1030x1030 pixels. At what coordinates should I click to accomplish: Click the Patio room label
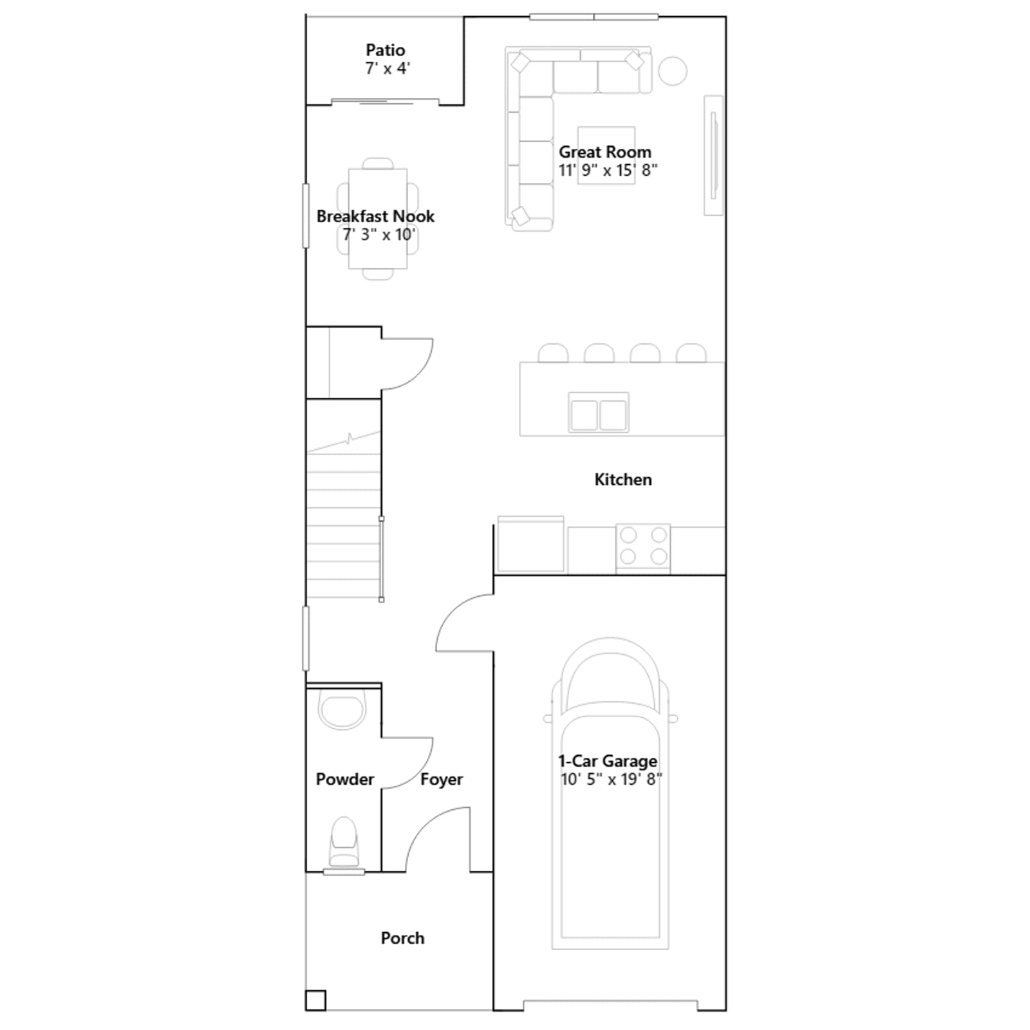pos(385,50)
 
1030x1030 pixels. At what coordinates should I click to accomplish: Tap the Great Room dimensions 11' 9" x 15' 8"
pos(608,171)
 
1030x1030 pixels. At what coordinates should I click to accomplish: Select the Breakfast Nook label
pos(375,216)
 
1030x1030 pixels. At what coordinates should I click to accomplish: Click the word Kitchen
pos(623,480)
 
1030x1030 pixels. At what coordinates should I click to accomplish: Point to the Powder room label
pos(344,780)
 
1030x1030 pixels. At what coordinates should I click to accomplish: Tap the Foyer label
pos(442,780)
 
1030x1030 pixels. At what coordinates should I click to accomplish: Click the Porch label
pos(402,938)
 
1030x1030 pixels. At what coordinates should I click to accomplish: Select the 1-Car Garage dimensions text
pos(611,780)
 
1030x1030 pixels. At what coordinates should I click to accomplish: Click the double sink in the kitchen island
pos(599,413)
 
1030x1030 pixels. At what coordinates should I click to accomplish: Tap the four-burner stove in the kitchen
pos(643,547)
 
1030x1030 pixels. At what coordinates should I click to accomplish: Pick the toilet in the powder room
pos(344,842)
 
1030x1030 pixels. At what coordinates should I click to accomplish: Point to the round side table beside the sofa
pos(672,71)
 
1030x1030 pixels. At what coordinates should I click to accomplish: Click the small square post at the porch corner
pos(315,1000)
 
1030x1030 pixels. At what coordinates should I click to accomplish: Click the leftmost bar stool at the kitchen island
pos(553,353)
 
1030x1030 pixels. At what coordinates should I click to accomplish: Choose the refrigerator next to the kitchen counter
pos(530,545)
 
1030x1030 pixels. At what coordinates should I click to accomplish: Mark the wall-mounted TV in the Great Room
pos(713,156)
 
